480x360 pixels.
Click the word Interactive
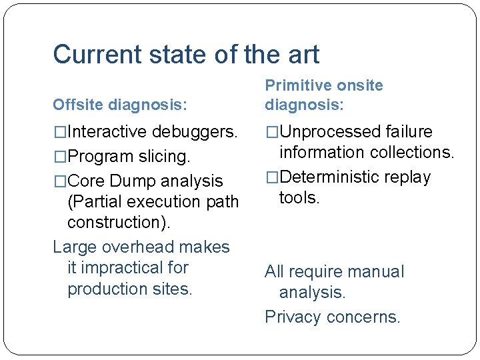tap(107, 131)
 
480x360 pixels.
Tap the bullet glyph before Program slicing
tap(60, 157)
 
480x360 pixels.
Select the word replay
tap(407, 177)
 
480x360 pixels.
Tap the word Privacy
tap(293, 317)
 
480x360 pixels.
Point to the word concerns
tap(364, 317)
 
